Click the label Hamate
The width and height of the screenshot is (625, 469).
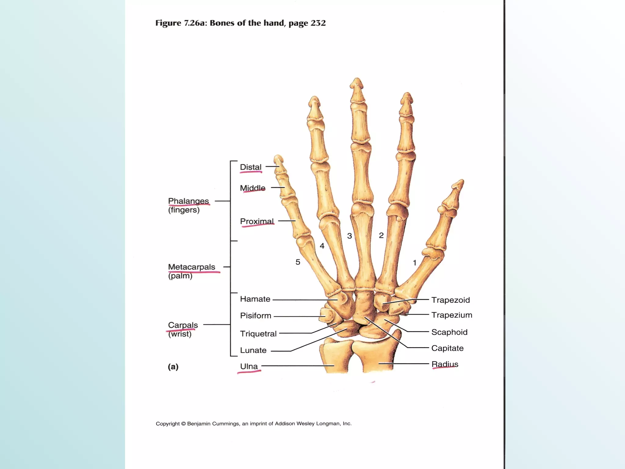point(255,299)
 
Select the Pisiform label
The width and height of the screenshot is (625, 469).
point(255,315)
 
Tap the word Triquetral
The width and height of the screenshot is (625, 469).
point(258,333)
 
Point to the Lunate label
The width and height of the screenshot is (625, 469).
point(253,350)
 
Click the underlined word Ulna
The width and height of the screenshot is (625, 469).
point(249,366)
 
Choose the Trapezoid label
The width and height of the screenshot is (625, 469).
point(450,300)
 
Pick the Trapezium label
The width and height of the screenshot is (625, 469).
point(452,315)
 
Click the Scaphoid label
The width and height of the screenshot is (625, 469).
point(449,332)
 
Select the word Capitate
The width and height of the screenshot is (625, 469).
point(447,348)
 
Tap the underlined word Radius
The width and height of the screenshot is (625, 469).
point(445,364)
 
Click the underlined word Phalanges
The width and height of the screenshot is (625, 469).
point(188,201)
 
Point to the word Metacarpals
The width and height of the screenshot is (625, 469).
point(191,267)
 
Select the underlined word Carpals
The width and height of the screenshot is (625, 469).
point(183,325)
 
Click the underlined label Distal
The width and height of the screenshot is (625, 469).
point(251,167)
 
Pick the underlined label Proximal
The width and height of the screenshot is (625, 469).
point(257,221)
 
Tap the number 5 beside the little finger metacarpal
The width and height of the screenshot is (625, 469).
point(298,262)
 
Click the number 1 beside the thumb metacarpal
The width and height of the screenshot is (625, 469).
point(414,263)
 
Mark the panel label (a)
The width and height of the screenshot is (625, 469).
point(173,366)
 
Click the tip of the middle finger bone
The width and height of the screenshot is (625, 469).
point(357,80)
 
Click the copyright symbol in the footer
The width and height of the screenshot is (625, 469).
point(183,424)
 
